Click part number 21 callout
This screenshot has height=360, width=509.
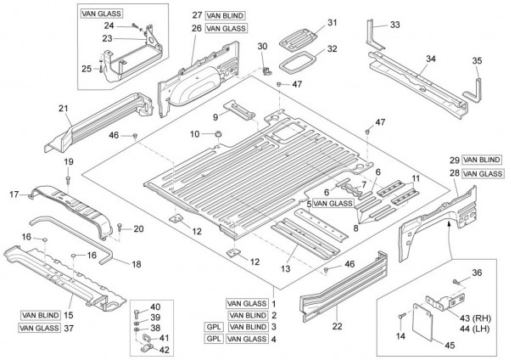point(63,108)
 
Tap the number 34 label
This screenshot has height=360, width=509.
point(431,59)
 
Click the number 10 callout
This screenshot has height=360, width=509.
point(194,133)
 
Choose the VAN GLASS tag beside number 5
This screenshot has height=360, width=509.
point(332,204)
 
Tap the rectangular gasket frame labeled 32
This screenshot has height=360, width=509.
point(297,62)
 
